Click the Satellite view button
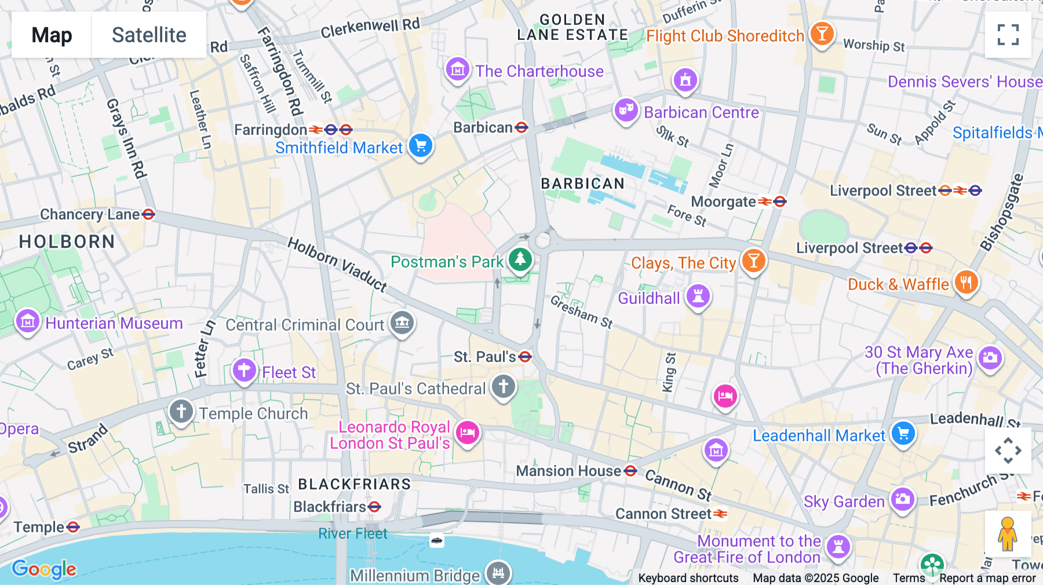click(149, 35)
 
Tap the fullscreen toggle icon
click(1008, 35)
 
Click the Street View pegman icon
click(1008, 533)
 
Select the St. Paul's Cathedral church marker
click(503, 386)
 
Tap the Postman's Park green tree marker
click(520, 259)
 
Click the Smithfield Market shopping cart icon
click(421, 146)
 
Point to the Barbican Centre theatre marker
click(626, 110)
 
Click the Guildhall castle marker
click(698, 296)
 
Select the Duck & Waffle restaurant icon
click(965, 283)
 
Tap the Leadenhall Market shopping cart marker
click(903, 433)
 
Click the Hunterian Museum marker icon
click(28, 321)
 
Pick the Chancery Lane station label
click(90, 214)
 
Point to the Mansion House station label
click(569, 471)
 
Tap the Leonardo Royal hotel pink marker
click(467, 433)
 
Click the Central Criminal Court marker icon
click(402, 323)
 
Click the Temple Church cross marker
click(181, 412)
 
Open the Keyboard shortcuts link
click(688, 577)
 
